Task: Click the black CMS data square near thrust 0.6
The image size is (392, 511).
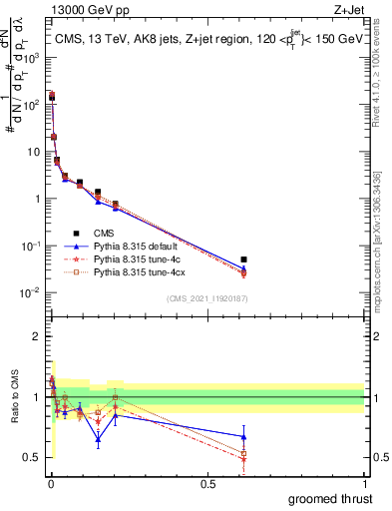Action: [x=243, y=259]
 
